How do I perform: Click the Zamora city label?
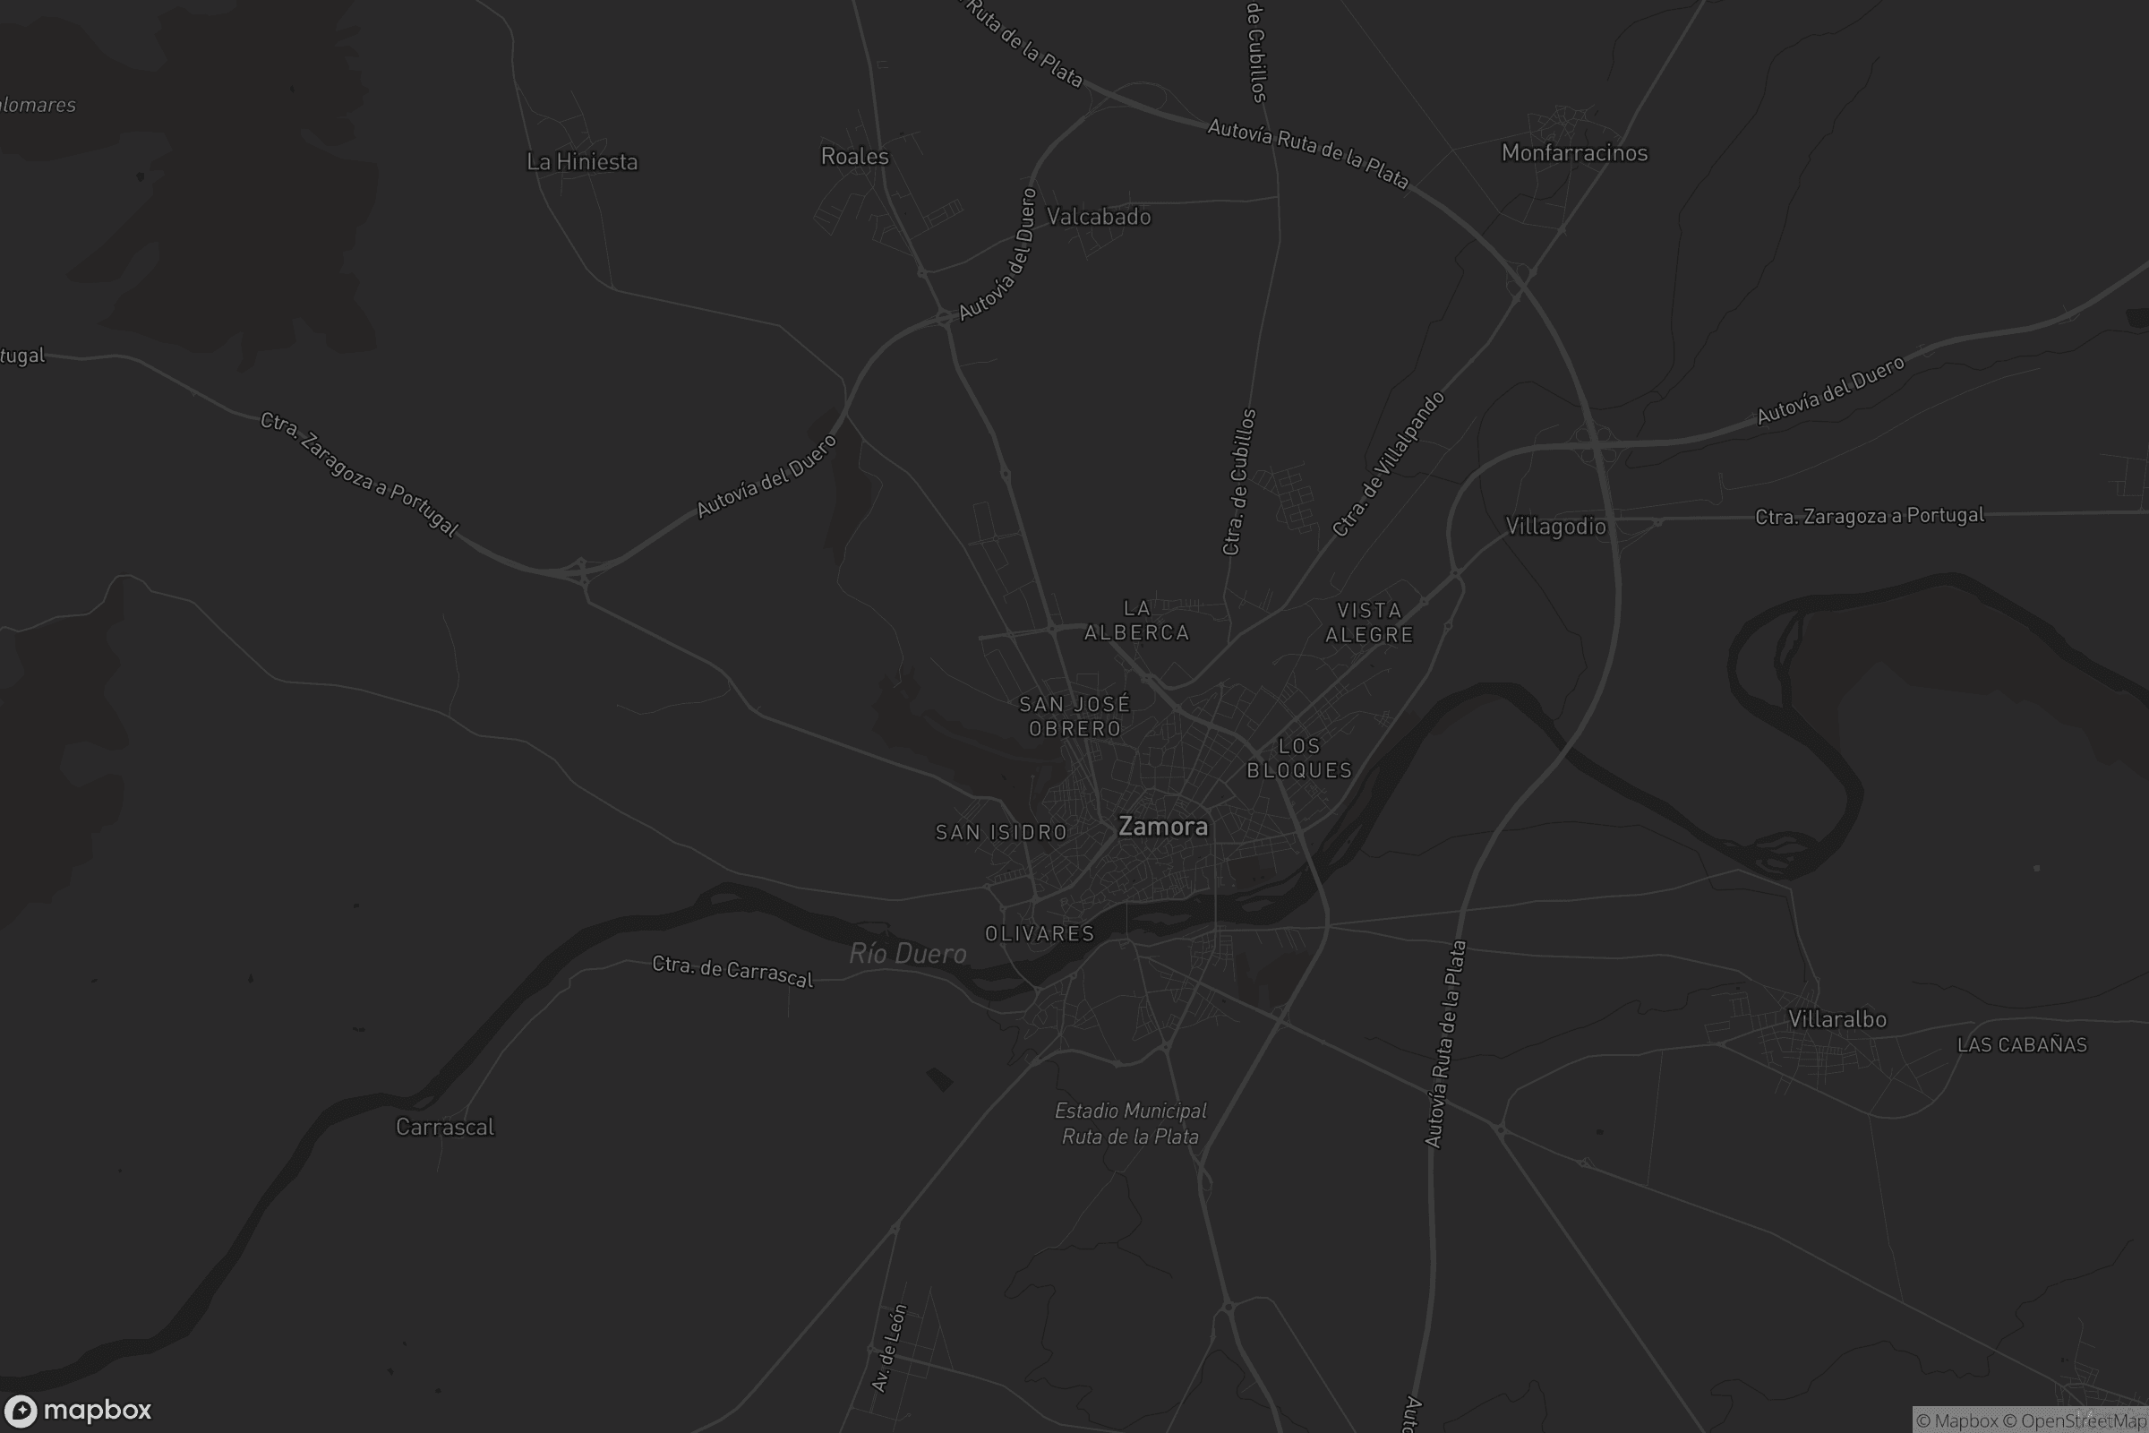(1162, 827)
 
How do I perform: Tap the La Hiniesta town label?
(582, 162)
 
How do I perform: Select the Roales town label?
(854, 156)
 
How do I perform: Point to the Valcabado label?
(1099, 217)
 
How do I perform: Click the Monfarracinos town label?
(1574, 152)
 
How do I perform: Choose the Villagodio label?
(1555, 527)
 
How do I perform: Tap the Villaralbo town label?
(1836, 1019)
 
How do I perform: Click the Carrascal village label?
(445, 1127)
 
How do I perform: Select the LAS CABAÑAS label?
(2022, 1044)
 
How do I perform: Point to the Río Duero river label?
(907, 954)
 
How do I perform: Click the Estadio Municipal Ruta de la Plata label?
(1130, 1124)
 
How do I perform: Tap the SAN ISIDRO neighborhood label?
(1001, 833)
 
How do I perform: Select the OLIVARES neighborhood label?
(1040, 933)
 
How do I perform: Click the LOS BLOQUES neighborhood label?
(1299, 759)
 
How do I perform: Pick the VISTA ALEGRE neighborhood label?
(1369, 622)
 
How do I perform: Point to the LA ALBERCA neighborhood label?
(1136, 621)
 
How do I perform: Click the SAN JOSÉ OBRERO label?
(1074, 716)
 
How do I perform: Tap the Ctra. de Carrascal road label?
(732, 972)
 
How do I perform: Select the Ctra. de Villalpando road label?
(1388, 464)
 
